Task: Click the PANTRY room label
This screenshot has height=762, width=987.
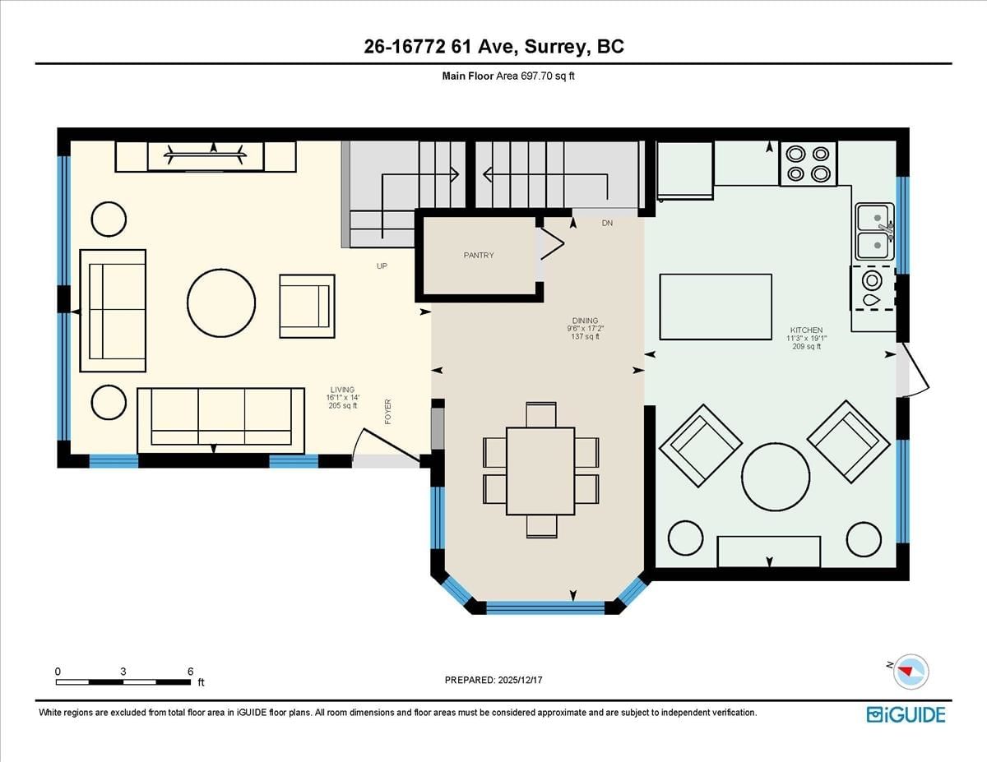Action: (479, 256)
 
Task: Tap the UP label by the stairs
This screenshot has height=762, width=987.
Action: (382, 266)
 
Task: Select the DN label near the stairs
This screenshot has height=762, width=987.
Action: (607, 224)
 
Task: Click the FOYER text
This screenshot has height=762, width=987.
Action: (387, 412)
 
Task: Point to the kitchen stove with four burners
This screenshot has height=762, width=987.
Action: (809, 164)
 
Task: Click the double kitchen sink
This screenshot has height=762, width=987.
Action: (875, 232)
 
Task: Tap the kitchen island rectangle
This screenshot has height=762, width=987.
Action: (716, 307)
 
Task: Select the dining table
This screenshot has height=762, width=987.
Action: (540, 471)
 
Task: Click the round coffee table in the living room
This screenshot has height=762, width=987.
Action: (221, 303)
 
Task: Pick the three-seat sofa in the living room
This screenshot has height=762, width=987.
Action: (220, 421)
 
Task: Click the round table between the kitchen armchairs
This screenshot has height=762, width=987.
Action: (776, 478)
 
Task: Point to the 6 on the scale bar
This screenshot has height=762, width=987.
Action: (190, 672)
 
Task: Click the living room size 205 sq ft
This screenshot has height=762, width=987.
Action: (343, 406)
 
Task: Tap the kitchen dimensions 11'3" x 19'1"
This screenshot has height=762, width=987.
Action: (807, 338)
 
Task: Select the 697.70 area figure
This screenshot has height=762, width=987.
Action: (536, 76)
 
